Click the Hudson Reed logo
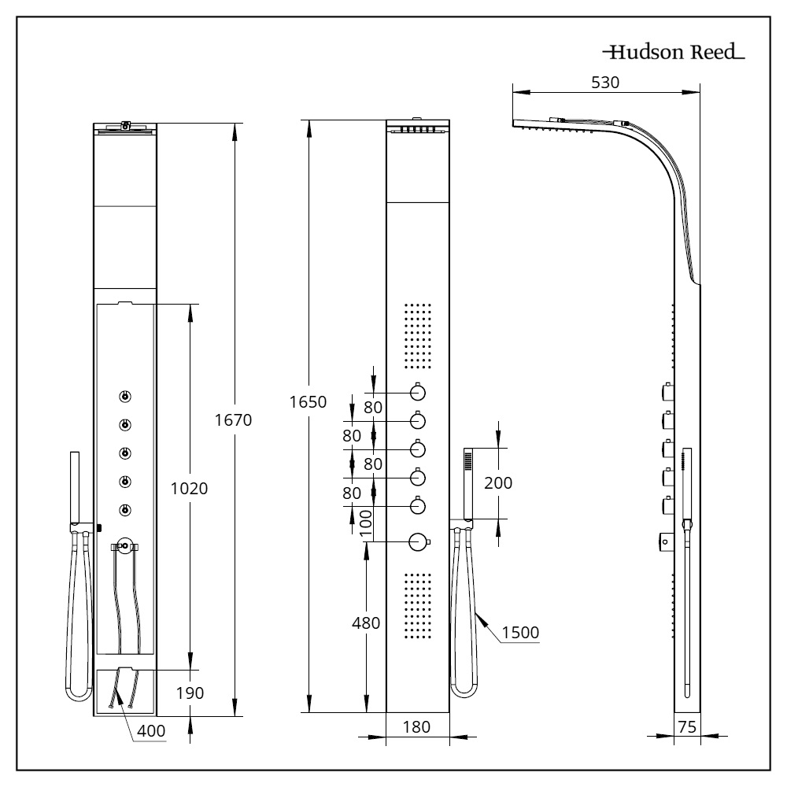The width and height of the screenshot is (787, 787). [674, 52]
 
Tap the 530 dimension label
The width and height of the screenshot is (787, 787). [605, 83]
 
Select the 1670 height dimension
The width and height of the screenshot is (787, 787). [233, 419]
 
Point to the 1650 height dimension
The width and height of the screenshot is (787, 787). [308, 401]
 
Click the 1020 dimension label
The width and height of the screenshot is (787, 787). [189, 489]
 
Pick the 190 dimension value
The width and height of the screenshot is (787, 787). [190, 693]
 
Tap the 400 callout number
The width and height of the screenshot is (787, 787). [151, 731]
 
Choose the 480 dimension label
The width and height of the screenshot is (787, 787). [366, 623]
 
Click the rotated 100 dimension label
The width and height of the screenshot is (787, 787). [367, 523]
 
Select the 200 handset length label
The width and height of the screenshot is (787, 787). [498, 483]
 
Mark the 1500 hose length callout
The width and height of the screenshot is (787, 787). [520, 633]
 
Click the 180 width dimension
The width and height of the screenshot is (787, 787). [416, 726]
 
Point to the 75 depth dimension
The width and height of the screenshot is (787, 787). [687, 726]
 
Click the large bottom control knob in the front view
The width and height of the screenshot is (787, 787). [419, 541]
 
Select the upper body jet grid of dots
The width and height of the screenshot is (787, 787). [418, 336]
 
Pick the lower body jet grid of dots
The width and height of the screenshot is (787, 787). [418, 606]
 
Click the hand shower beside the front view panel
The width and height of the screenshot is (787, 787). [467, 483]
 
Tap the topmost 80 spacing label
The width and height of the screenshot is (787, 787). [373, 407]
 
